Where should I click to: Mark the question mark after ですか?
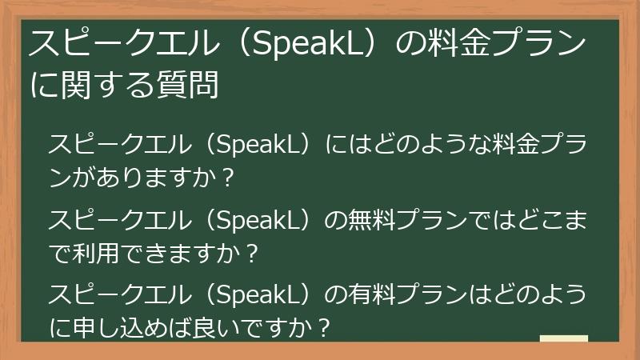(322, 328)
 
